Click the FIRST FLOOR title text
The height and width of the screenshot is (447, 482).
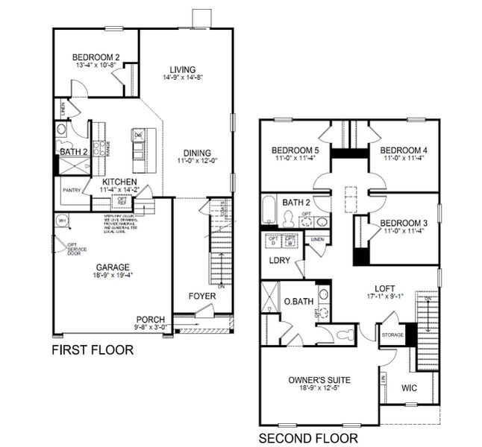click(92, 350)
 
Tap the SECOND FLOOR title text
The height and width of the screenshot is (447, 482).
click(307, 438)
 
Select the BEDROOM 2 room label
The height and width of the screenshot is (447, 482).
click(96, 57)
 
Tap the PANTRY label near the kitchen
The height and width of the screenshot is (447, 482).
click(71, 189)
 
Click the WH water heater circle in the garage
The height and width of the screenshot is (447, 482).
click(62, 221)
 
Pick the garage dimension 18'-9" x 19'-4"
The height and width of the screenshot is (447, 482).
click(112, 276)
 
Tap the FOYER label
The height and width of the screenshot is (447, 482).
click(202, 296)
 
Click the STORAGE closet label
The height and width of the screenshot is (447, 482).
click(392, 335)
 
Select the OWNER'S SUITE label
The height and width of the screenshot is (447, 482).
click(319, 380)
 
